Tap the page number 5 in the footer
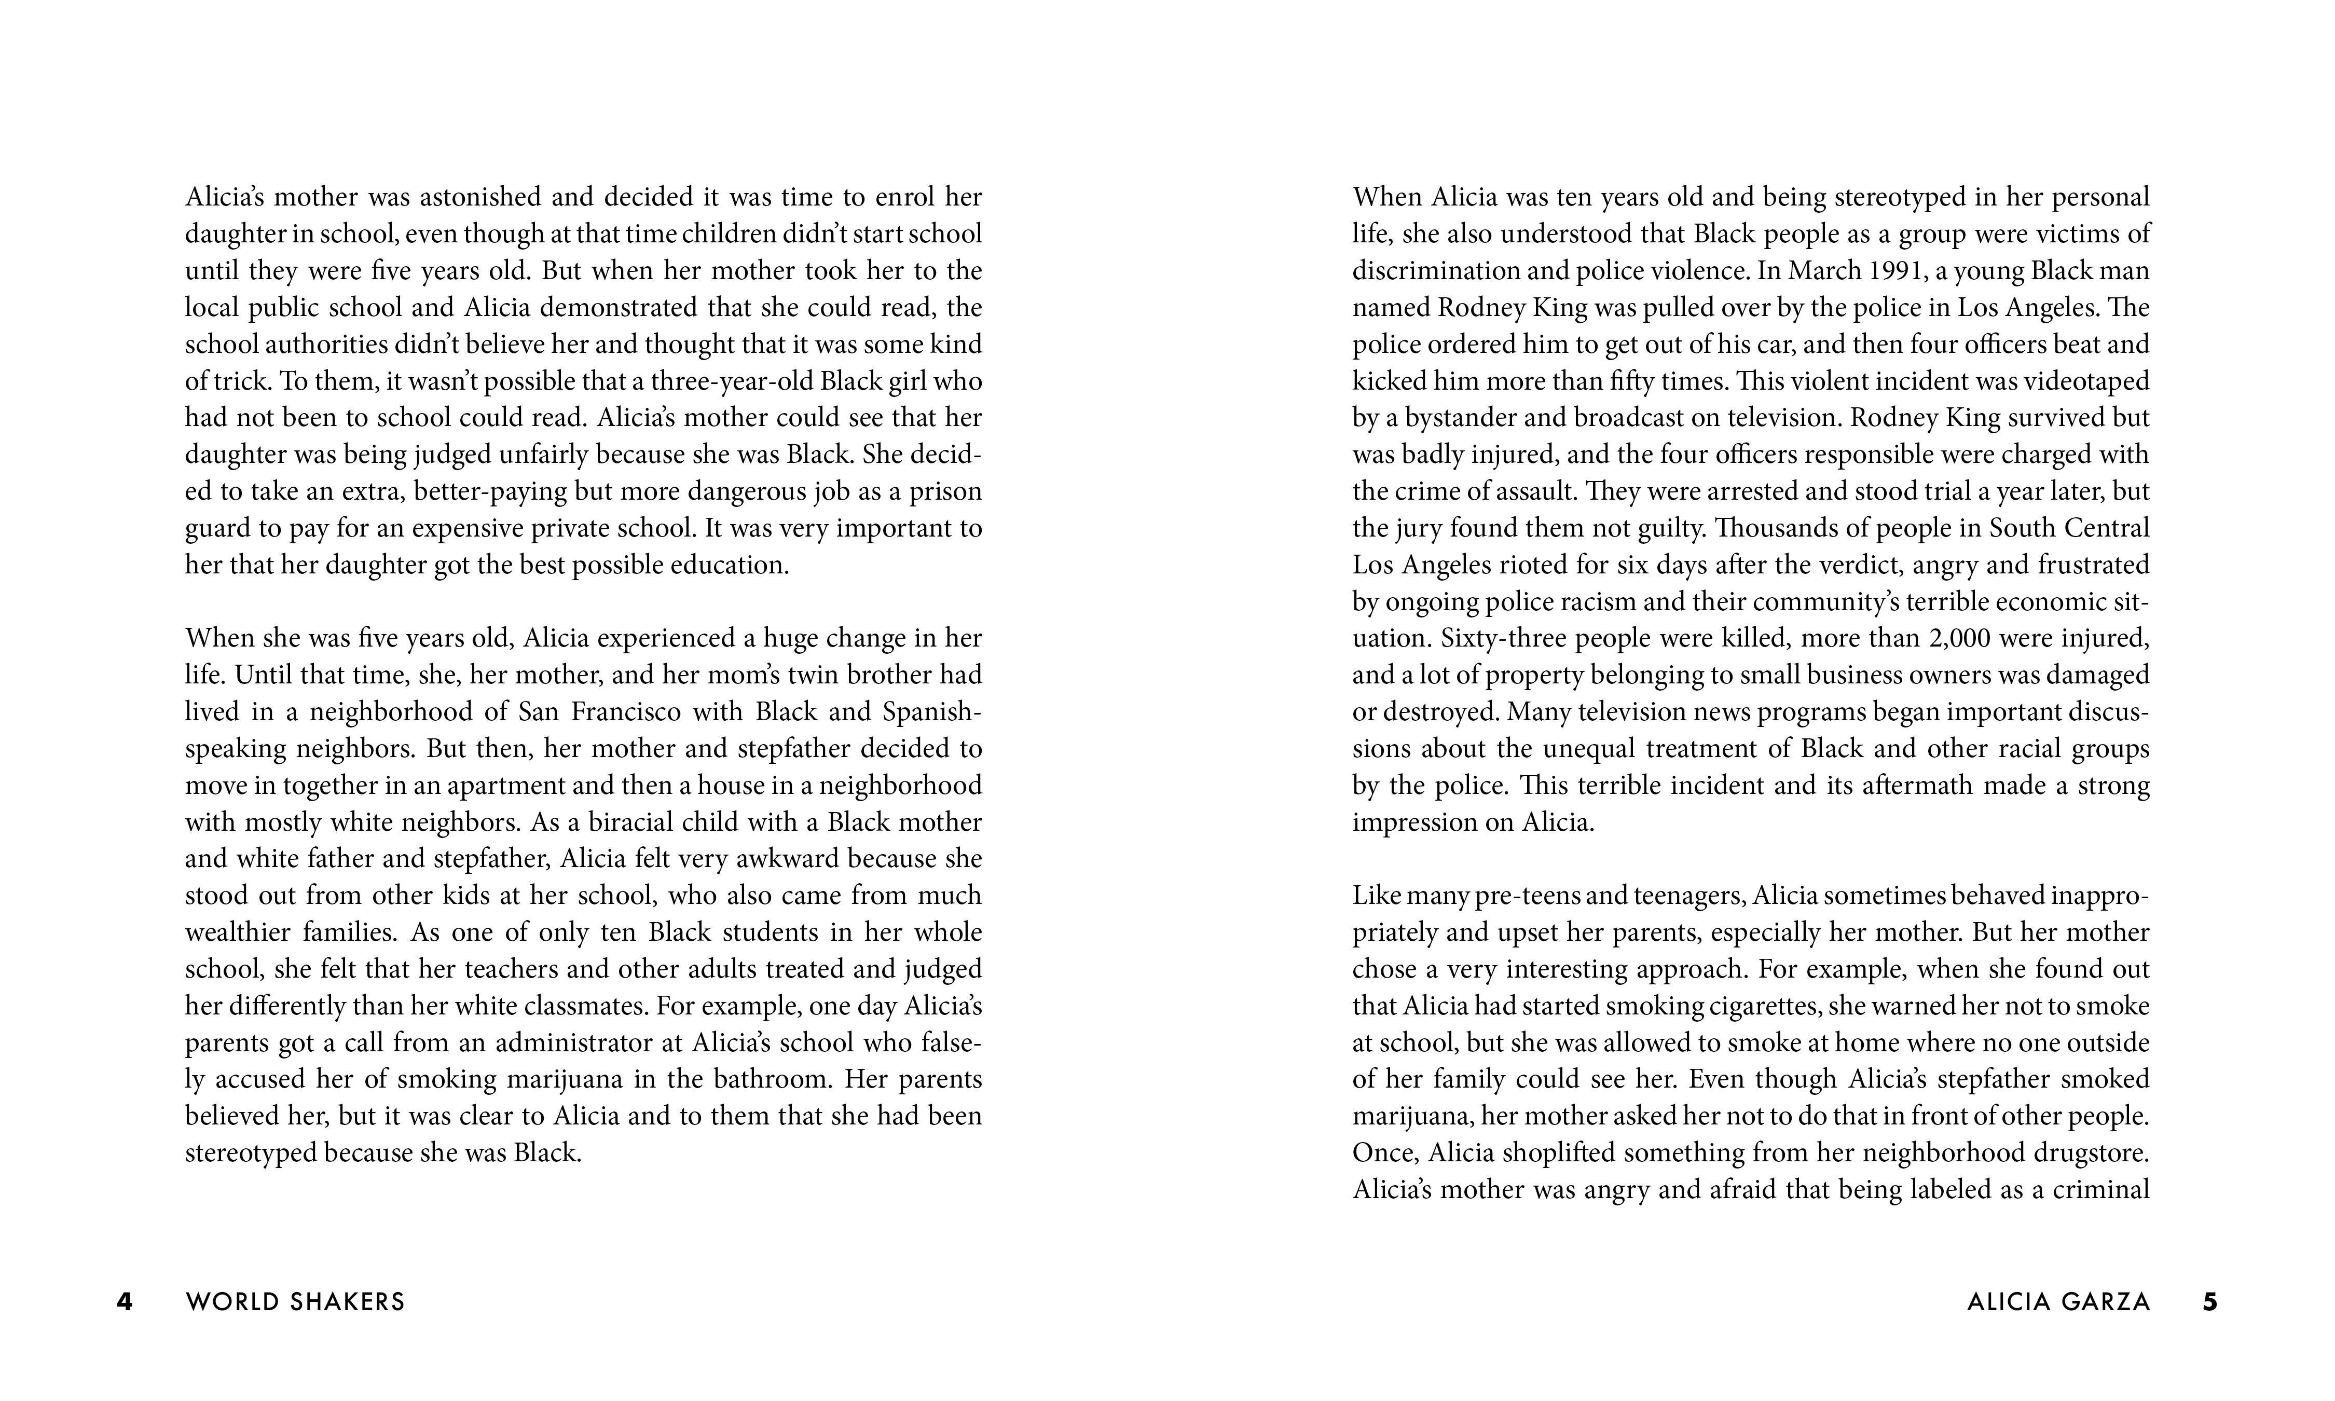(2209, 1302)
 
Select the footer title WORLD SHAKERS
(295, 1302)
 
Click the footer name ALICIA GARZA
(2058, 1302)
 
